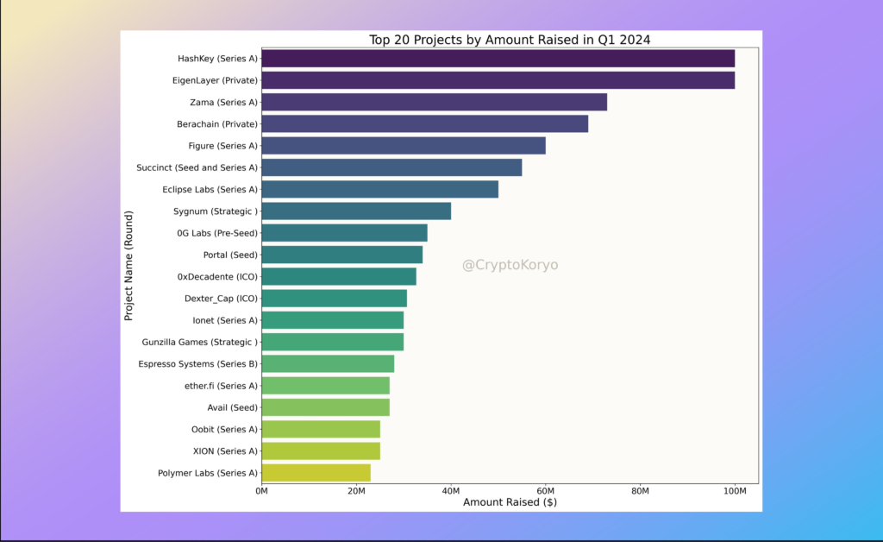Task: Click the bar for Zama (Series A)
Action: [x=434, y=102]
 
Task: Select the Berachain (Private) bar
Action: [x=424, y=123]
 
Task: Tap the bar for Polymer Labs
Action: [x=316, y=473]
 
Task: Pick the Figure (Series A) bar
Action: [x=403, y=146]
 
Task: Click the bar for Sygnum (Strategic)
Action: [x=355, y=211]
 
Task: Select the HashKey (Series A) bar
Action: [x=498, y=58]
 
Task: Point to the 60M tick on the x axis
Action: [x=545, y=491]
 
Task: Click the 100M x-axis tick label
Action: [x=735, y=491]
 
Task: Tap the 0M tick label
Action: [x=261, y=491]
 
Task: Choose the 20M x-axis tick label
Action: [x=356, y=491]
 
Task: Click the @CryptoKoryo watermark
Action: [x=510, y=265]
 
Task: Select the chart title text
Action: [x=510, y=40]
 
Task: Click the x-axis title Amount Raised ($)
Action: [x=510, y=502]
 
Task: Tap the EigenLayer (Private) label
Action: [x=215, y=80]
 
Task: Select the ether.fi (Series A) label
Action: [x=221, y=386]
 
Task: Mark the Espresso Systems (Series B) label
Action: [x=197, y=364]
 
